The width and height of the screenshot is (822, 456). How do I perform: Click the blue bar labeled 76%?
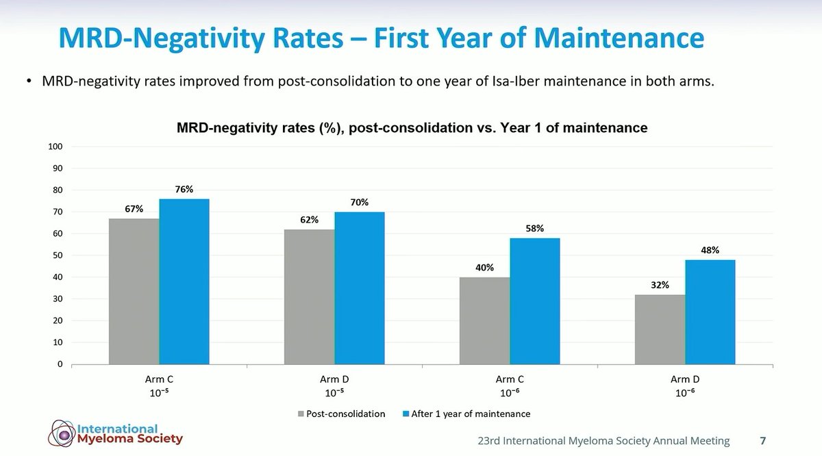184,281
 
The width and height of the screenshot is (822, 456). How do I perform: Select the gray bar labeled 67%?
134,291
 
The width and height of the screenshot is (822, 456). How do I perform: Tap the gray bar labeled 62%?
310,296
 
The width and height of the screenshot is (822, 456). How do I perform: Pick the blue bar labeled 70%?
360,288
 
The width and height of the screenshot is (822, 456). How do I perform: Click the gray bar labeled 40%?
485,320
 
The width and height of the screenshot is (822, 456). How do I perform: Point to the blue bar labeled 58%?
535,301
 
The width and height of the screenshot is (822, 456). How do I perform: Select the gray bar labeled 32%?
660,329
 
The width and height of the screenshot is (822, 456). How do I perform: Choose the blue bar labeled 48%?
710,312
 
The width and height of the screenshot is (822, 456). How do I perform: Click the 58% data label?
535,229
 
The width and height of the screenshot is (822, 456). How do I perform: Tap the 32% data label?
660,285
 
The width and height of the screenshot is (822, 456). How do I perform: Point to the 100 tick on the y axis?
55,147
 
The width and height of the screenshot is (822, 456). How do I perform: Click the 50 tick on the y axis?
58,255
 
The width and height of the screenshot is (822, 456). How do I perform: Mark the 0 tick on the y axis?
60,364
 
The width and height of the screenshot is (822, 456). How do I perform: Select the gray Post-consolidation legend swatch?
301,414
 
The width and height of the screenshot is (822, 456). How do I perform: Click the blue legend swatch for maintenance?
406,414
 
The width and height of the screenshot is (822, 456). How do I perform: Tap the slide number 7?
763,440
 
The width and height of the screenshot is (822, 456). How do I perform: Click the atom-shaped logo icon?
62,433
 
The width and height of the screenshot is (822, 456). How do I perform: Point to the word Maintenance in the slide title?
619,38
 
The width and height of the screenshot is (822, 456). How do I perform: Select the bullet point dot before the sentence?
29,81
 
